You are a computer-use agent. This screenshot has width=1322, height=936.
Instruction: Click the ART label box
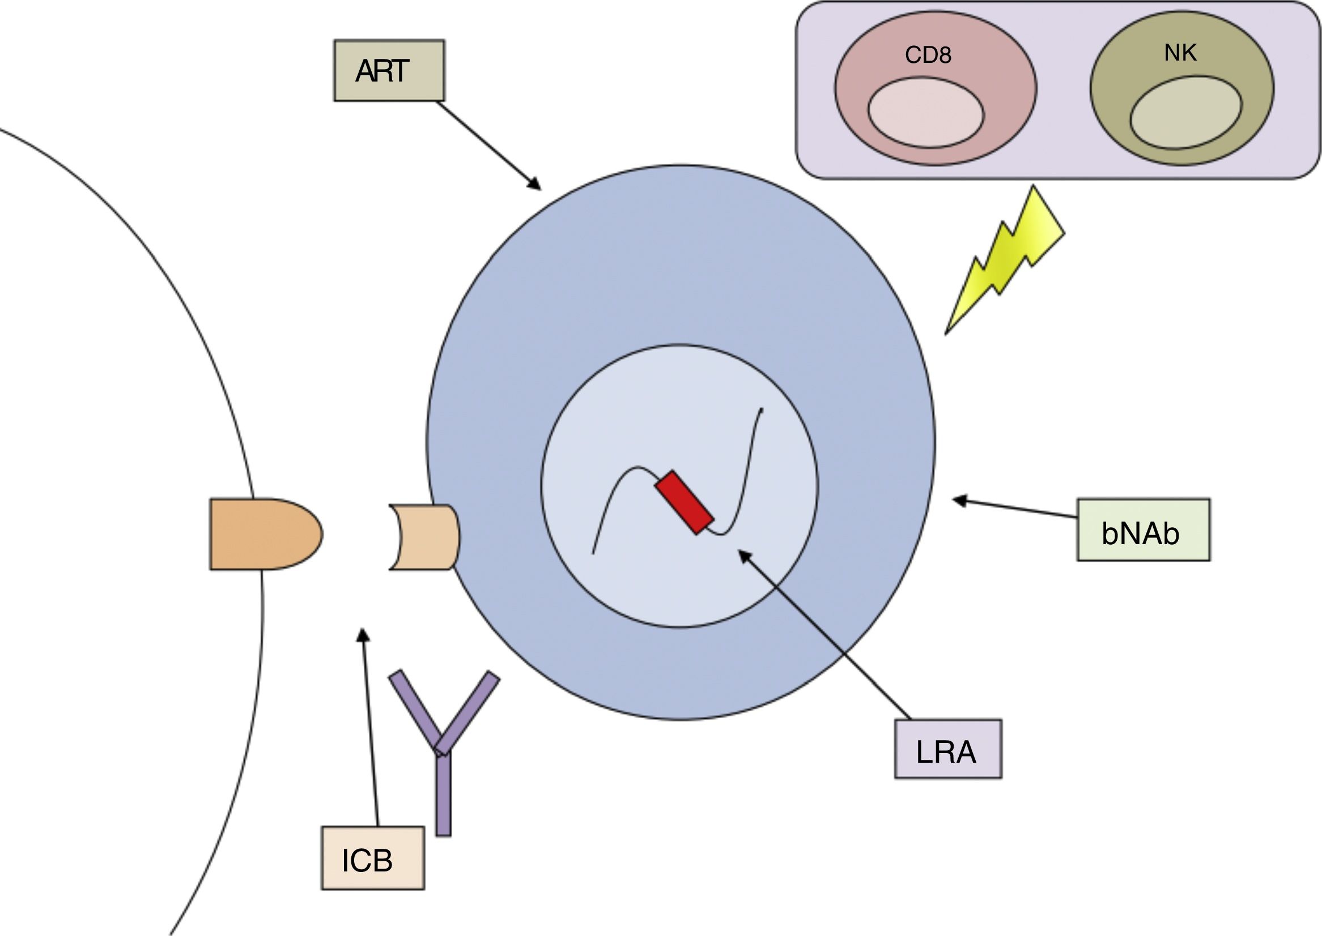point(389,70)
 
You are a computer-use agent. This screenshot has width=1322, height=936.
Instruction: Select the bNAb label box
point(1143,529)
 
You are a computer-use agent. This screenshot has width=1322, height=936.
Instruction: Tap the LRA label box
point(947,749)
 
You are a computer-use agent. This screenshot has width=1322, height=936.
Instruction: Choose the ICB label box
point(373,858)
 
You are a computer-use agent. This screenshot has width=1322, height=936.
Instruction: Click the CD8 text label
point(928,55)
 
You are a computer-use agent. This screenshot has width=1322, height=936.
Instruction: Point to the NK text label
point(1180,53)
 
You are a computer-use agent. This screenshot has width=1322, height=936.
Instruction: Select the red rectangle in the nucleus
point(683,503)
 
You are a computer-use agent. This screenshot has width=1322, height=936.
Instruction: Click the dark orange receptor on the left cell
point(262,534)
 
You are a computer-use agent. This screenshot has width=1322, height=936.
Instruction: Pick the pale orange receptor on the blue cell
point(426,537)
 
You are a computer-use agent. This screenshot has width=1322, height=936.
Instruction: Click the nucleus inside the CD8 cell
point(926,112)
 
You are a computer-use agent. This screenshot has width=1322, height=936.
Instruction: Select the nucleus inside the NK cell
point(1186,112)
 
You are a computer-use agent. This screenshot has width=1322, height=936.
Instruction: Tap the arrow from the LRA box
point(825,634)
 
